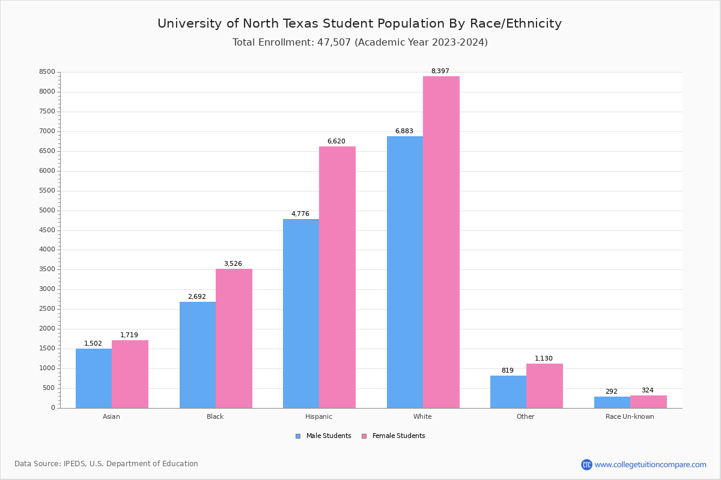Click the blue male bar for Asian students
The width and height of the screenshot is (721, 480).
pos(94,378)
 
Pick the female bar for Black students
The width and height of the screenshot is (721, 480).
pos(234,338)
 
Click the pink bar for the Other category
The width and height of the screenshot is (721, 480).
pos(544,386)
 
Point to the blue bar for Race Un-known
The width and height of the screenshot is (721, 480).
pos(612,402)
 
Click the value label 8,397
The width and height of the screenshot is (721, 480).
pos(440,71)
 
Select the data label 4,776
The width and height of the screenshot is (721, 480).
pos(300,214)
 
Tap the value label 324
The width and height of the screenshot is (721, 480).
pos(647,390)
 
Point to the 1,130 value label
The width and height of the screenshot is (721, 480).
pos(544,358)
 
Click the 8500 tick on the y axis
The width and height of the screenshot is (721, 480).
pos(47,72)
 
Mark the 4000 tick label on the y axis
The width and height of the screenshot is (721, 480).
pos(47,250)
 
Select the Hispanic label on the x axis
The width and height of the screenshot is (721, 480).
pos(318,416)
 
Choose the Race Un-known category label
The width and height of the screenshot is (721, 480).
pos(630,416)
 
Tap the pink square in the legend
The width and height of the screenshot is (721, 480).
pos(364,436)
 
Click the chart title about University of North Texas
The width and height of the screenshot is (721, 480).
pos(359,23)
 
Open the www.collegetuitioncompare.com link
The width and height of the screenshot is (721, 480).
pos(650,464)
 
